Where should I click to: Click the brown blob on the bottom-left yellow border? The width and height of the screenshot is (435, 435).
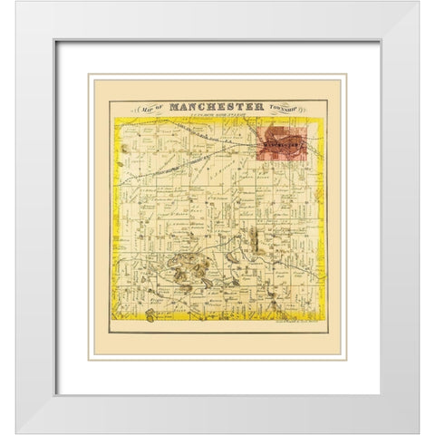coord(149,316)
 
